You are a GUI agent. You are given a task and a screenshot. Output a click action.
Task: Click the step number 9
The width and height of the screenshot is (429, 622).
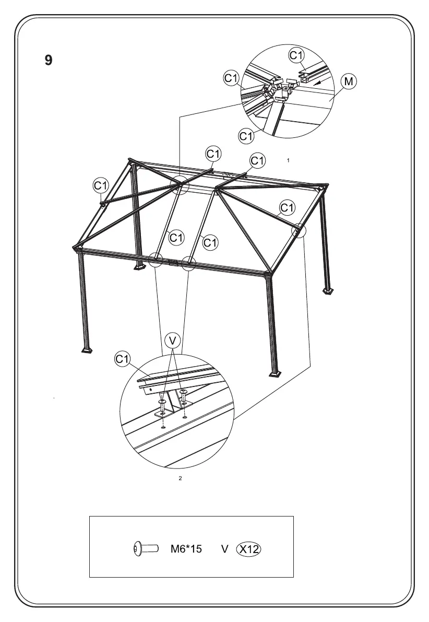click(48, 60)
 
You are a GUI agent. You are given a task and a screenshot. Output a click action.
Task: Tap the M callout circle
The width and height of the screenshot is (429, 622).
click(349, 81)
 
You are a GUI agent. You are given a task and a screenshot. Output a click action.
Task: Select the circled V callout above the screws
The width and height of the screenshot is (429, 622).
click(173, 341)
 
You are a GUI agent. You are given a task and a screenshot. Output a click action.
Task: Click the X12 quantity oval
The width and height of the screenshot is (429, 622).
click(249, 549)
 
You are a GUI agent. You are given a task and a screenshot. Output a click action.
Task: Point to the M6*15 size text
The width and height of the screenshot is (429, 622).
click(186, 549)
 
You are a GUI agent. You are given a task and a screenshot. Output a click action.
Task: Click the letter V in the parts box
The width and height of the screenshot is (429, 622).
click(225, 549)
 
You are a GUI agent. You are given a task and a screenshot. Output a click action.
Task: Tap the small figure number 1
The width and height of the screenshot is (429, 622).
click(288, 160)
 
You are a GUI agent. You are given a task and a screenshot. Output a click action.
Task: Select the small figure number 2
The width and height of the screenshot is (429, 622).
click(180, 479)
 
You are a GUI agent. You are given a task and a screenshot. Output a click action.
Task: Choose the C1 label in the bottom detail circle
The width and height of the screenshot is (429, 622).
click(122, 359)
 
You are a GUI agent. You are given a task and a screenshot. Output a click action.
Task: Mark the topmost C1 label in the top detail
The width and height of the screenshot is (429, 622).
click(296, 54)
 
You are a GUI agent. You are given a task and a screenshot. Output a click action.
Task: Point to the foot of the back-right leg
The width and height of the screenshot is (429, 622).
click(328, 290)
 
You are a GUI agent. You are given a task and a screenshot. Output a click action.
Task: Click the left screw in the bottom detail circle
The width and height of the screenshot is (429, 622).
click(163, 405)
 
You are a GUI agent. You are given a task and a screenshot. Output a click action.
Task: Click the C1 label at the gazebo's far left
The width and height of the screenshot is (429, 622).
click(101, 185)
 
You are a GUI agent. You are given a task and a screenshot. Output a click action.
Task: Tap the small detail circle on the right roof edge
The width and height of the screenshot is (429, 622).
click(298, 229)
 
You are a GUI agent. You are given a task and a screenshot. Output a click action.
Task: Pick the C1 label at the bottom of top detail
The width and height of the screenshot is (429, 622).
click(246, 136)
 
